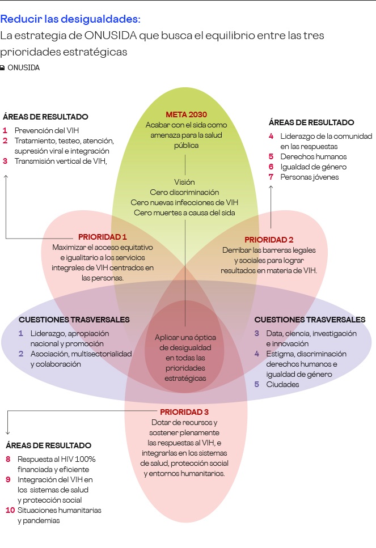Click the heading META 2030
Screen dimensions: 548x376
tap(186, 114)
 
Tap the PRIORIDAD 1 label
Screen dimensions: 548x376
tap(102, 237)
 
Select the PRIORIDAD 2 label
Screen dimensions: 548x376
tap(268, 240)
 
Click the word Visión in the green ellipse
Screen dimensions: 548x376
tap(184, 182)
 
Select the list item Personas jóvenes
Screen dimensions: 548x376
tap(309, 177)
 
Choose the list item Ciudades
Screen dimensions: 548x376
tap(282, 384)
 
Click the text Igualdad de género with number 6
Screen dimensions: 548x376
tap(313, 167)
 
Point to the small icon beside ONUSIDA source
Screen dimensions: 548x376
tap(3, 68)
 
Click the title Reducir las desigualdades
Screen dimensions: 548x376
tap(70, 19)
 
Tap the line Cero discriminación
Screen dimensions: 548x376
tap(184, 192)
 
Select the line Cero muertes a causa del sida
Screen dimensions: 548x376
tap(184, 213)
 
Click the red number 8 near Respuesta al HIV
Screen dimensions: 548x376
tap(9, 459)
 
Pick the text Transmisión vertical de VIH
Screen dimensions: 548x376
tap(61, 161)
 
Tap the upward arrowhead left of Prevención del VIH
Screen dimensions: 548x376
tap(6, 177)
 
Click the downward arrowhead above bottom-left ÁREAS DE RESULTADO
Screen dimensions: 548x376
tap(7, 431)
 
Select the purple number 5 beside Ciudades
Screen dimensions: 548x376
tap(256, 384)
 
